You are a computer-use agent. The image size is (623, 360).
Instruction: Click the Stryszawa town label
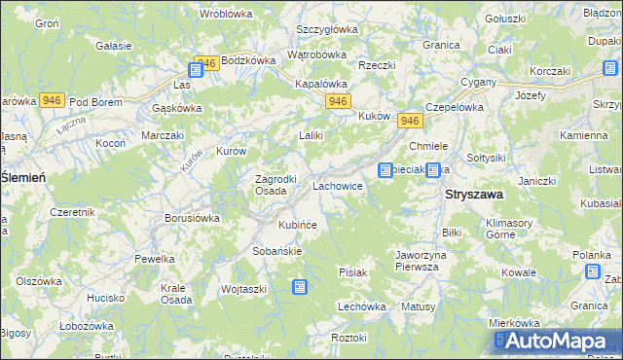[x=474, y=195]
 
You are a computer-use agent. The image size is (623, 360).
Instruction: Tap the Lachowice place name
[x=338, y=185]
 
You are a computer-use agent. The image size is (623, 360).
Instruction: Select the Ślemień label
[x=22, y=176]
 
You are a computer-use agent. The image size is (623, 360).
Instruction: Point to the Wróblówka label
[x=226, y=14]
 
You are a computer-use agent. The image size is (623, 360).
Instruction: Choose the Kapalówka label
[x=321, y=84]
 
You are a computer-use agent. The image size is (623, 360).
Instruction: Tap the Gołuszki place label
[x=506, y=18]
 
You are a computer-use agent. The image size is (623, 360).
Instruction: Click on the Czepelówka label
[x=455, y=108]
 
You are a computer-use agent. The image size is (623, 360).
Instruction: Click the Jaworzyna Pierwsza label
[x=421, y=261]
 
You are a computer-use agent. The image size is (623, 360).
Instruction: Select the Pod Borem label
[x=94, y=102]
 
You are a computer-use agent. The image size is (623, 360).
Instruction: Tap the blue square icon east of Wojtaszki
[x=300, y=287]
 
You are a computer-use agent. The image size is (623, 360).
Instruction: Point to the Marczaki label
[x=162, y=135]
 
